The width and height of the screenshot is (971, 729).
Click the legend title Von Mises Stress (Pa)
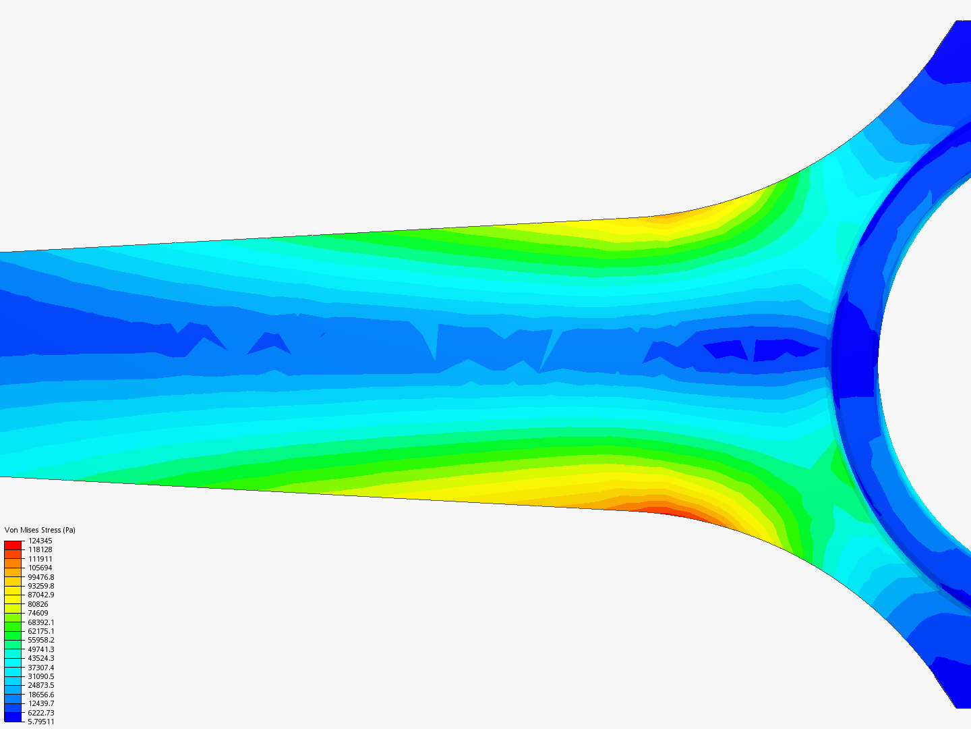[x=40, y=530]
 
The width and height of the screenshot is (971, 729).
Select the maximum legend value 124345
[x=40, y=541]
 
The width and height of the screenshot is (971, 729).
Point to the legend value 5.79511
[x=40, y=722]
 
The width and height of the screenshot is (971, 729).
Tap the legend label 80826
[x=38, y=604]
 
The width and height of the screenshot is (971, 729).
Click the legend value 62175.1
[x=40, y=631]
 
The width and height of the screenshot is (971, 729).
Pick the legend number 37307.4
[x=40, y=668]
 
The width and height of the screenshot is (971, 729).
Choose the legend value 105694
[x=40, y=568]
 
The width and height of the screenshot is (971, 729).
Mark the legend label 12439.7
[x=40, y=703]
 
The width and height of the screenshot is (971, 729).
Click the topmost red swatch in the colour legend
[x=13, y=545]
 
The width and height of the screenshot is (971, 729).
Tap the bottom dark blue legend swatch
[x=13, y=717]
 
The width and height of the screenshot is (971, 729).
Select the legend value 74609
[x=38, y=613]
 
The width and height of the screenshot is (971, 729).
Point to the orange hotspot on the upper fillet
[x=664, y=219]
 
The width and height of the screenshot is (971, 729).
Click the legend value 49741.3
[x=40, y=649]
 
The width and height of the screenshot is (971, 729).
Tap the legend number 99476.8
[x=40, y=577]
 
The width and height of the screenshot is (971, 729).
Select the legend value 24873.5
[x=40, y=685]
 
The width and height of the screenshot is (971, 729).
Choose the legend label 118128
[x=40, y=549]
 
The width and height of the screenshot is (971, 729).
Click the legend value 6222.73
[x=40, y=713]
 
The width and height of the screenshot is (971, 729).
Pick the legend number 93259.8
[x=40, y=586]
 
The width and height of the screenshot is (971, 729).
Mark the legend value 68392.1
[x=40, y=622]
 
